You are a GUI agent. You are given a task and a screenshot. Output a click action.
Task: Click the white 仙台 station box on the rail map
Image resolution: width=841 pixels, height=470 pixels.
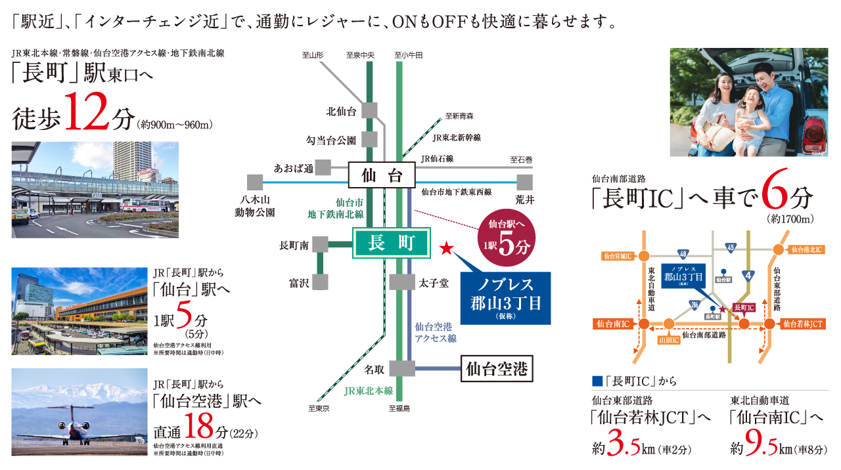[x=382, y=175]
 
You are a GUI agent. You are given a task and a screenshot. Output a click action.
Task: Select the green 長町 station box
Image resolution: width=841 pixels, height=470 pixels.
[x=392, y=244]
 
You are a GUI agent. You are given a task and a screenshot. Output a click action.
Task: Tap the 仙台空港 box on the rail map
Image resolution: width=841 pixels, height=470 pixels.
[x=497, y=369]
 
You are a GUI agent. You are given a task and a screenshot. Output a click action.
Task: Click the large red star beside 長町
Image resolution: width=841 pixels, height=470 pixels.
[x=446, y=248]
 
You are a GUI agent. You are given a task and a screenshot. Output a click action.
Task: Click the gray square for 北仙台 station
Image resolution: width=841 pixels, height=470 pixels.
[x=369, y=111]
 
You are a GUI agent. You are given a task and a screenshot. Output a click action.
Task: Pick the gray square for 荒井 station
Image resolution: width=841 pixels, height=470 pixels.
[x=524, y=181]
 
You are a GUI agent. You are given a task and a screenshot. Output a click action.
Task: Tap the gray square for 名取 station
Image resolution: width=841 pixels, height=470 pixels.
[x=402, y=368]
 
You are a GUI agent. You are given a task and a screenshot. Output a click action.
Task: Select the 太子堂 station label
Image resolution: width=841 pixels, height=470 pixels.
[x=434, y=283]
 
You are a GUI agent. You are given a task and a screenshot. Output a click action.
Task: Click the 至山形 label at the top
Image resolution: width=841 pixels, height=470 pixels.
[x=313, y=55]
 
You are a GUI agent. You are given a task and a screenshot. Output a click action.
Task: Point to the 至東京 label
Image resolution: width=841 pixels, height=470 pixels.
[x=319, y=409]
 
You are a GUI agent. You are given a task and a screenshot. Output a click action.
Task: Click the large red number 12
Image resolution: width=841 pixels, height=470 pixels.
[x=89, y=116]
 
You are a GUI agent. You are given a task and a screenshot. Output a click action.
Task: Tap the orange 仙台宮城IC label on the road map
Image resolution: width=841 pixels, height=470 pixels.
[x=618, y=255]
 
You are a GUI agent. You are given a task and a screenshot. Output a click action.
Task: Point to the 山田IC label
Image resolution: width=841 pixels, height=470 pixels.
[x=668, y=339]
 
